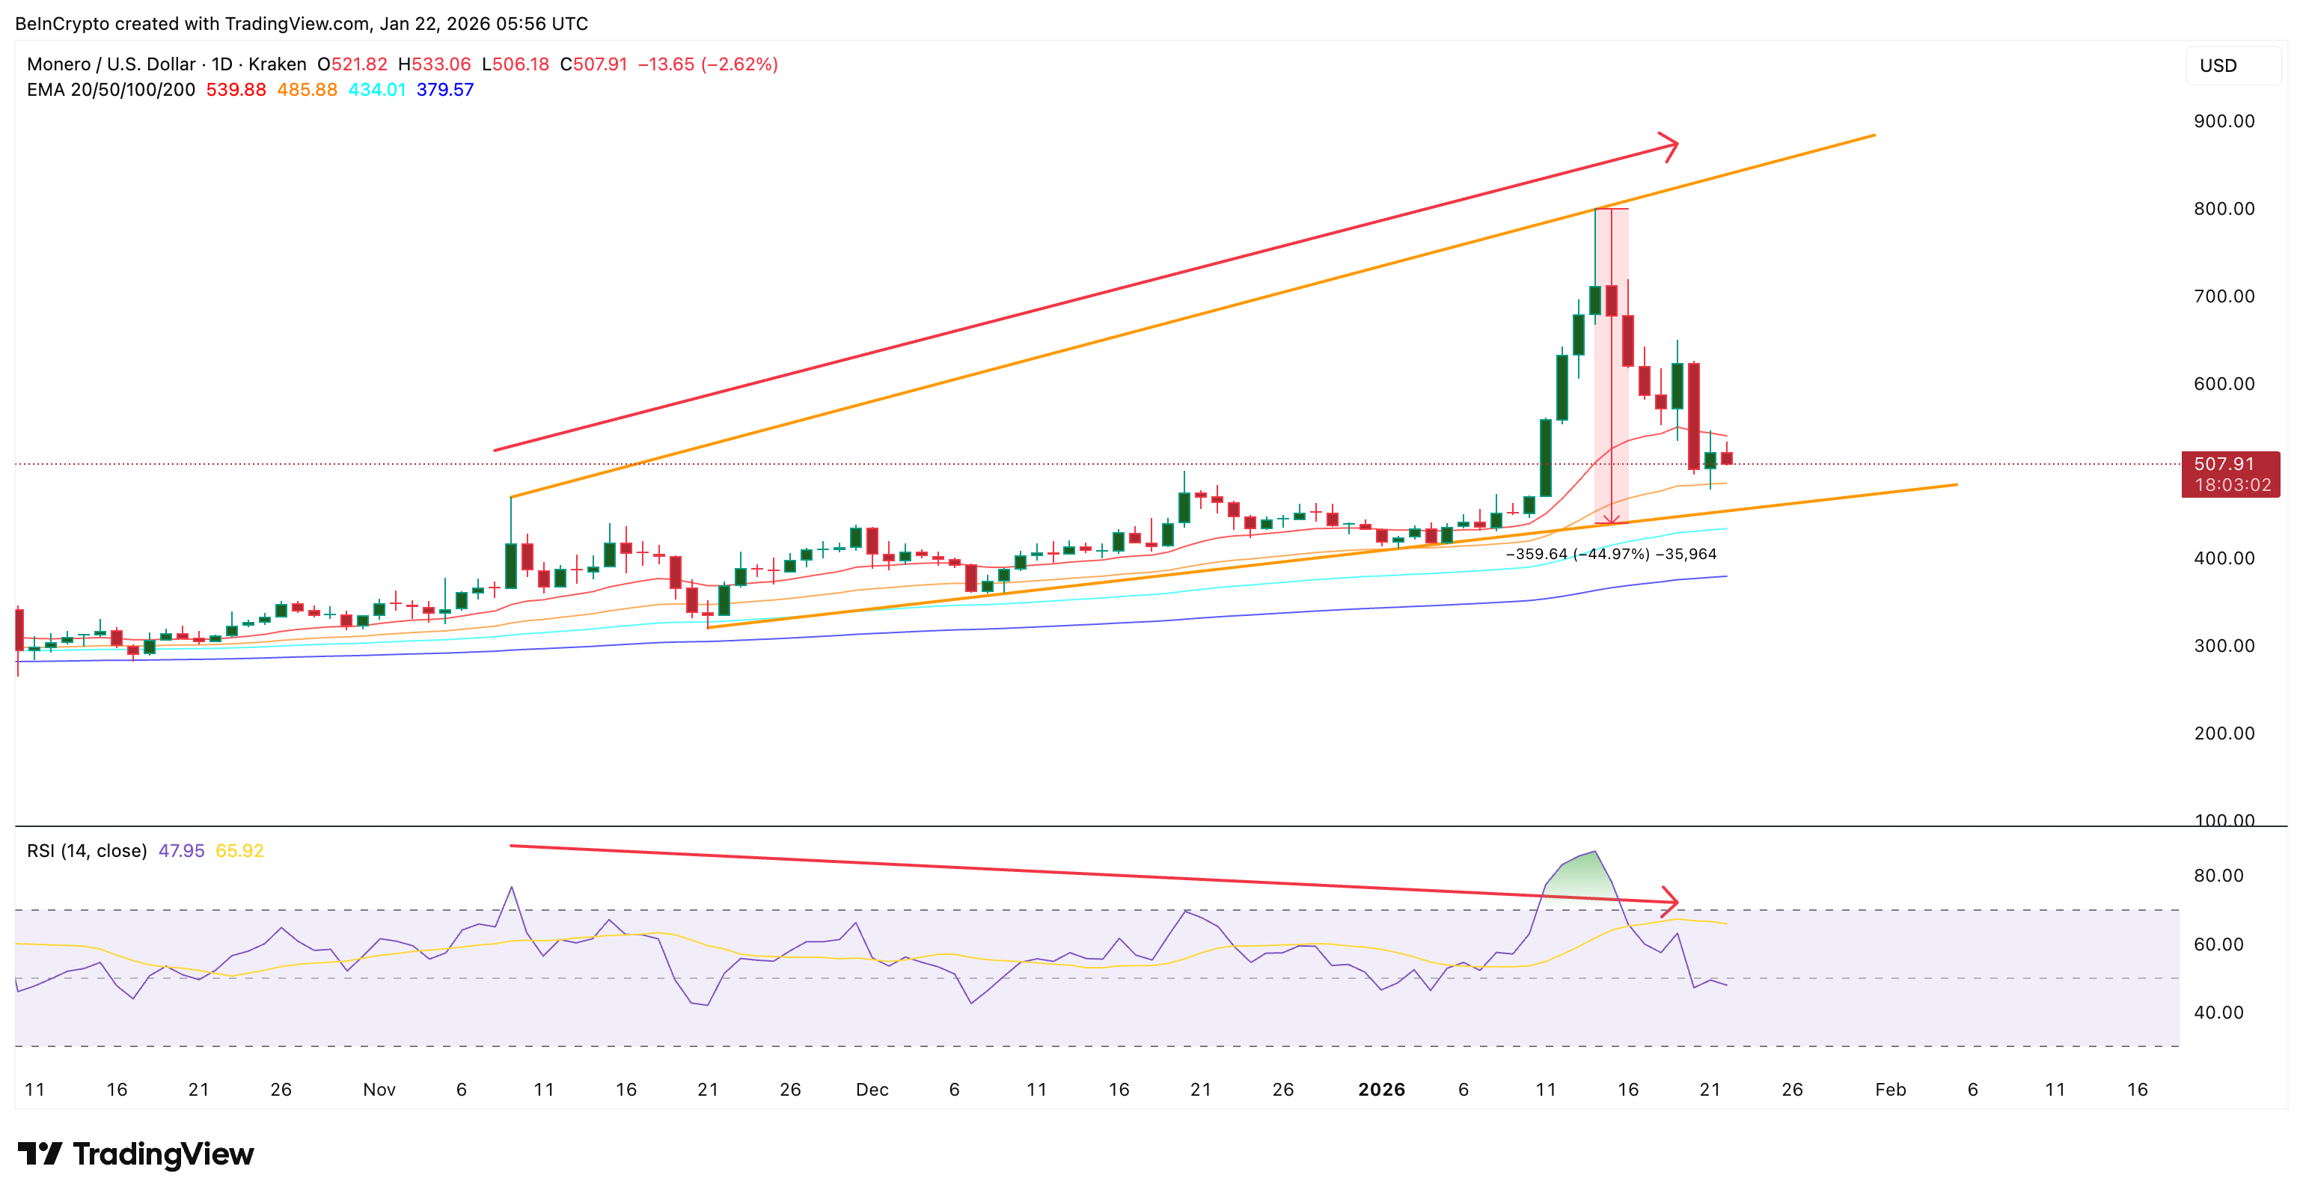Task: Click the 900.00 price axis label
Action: click(x=2224, y=121)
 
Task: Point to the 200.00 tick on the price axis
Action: click(x=2224, y=734)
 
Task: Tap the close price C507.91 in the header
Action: click(x=593, y=64)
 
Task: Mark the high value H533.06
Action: click(x=435, y=64)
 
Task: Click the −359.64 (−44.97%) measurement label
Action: click(x=1577, y=555)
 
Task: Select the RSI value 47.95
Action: click(x=182, y=851)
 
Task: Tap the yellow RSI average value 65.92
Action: click(x=239, y=851)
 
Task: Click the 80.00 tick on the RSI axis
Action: click(x=2218, y=876)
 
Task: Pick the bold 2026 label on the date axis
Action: click(x=1381, y=1090)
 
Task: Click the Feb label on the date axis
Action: click(x=1890, y=1090)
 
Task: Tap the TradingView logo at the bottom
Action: click(x=136, y=1154)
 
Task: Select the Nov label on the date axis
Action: click(x=379, y=1090)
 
